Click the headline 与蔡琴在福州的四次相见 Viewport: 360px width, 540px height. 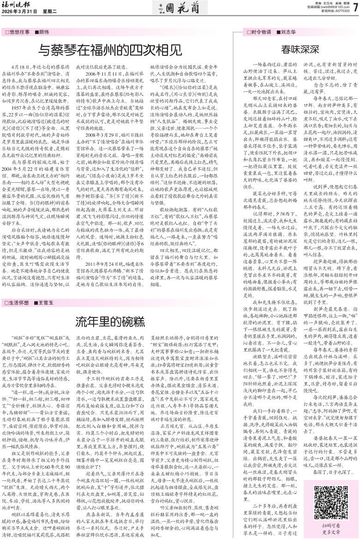109,48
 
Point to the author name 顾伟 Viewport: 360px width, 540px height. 44,32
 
